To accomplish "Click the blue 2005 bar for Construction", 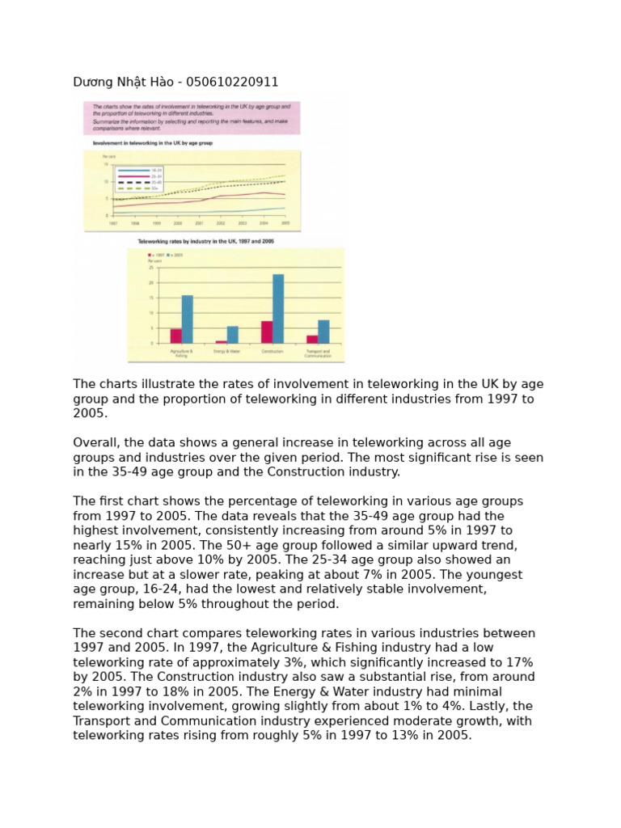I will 278,309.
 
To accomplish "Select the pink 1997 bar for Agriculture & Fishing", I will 175,336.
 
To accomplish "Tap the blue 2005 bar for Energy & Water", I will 233,335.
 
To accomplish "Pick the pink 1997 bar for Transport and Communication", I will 312,340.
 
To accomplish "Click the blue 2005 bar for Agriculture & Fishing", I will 187,319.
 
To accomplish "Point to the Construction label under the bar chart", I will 272,352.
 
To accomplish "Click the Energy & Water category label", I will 227,352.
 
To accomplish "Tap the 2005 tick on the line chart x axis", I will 285,222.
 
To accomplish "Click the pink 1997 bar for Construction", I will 266,332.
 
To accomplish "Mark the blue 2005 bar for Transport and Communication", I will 323,332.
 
